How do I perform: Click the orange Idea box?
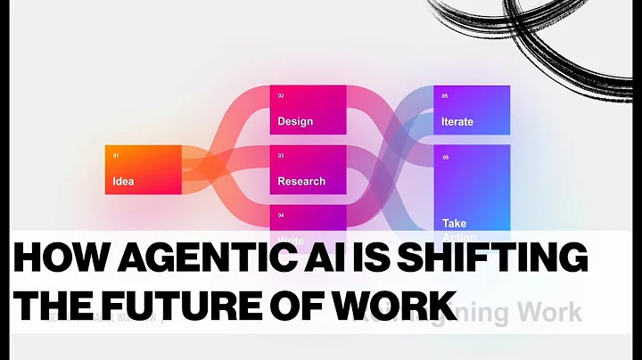click(x=143, y=168)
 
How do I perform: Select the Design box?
click(x=308, y=110)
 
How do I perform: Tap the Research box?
click(x=308, y=168)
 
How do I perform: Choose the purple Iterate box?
click(x=471, y=110)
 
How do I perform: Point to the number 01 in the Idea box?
click(x=116, y=156)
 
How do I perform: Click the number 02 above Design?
click(x=281, y=95)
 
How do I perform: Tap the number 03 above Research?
click(x=281, y=156)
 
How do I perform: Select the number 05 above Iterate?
click(x=445, y=95)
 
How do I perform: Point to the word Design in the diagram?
click(x=295, y=121)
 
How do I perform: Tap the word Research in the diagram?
click(x=301, y=181)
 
